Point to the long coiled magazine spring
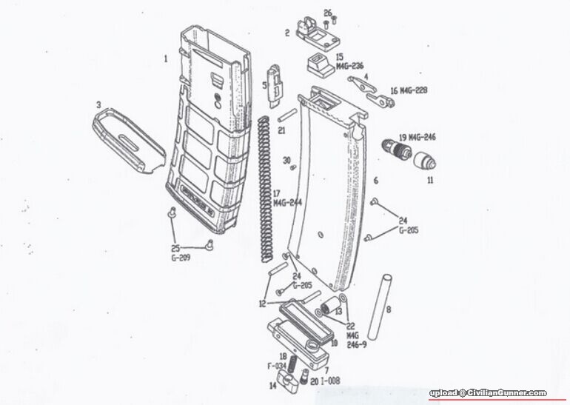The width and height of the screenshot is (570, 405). pyautogui.click(x=265, y=189)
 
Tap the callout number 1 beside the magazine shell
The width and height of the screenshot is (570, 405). pyautogui.click(x=166, y=57)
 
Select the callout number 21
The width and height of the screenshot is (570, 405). pyautogui.click(x=281, y=130)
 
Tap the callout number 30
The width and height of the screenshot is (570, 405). pyautogui.click(x=286, y=160)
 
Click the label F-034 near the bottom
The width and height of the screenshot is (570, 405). pyautogui.click(x=276, y=366)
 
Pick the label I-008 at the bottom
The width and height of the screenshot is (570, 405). pyautogui.click(x=329, y=380)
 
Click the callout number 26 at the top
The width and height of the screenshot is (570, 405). pyautogui.click(x=328, y=13)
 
